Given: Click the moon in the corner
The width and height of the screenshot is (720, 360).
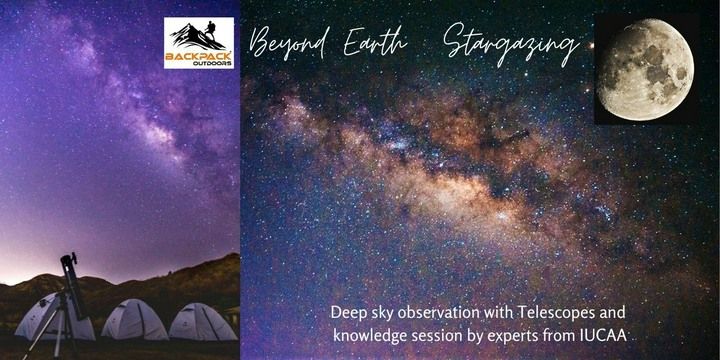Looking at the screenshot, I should tap(644, 67).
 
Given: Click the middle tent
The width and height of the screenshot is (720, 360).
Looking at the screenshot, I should tap(135, 320).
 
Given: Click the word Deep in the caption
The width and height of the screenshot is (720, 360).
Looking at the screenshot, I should tap(346, 312).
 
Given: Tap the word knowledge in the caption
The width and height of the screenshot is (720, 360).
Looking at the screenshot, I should tap(367, 337).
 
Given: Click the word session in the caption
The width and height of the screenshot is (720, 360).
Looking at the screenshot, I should tap(441, 337).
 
